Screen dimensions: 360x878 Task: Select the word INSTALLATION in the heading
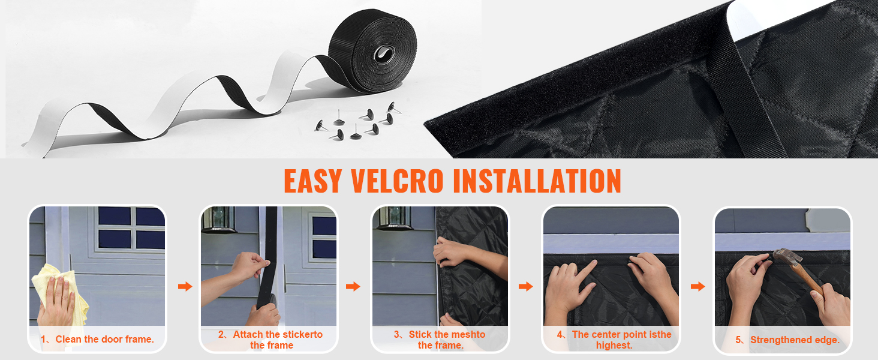537,181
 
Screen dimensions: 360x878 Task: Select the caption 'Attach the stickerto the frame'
270,340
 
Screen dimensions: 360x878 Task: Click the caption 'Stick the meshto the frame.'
441,340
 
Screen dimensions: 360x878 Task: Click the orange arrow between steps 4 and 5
697,287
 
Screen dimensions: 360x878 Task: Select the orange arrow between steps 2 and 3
353,287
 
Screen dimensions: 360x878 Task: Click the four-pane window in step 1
131,227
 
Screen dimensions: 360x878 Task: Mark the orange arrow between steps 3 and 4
525,287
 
